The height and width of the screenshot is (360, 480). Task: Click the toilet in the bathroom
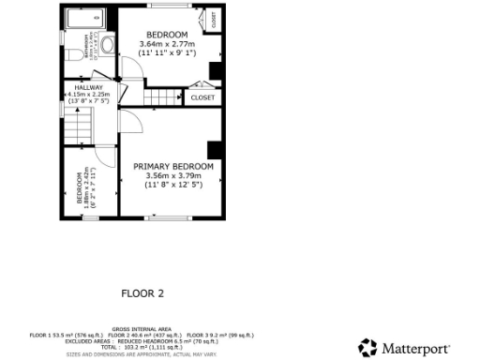pos(106,43)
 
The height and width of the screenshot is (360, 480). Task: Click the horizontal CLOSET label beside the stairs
pos(202,97)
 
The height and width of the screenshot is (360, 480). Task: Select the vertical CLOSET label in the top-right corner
pos(214,19)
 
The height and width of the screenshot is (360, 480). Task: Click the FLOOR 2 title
pos(142,293)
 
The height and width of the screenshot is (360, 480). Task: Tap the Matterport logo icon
pos(367,347)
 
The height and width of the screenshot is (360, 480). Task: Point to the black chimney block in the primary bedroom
pos(214,150)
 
